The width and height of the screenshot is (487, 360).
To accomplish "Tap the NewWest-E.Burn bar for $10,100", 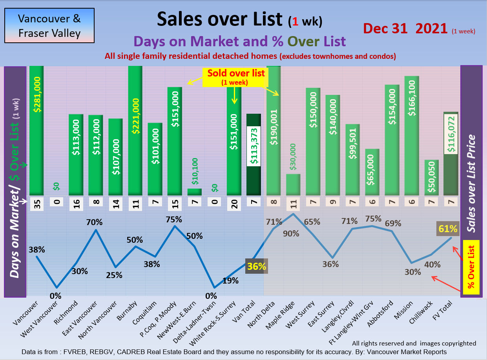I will coord(194,192).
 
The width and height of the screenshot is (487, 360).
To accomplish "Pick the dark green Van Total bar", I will coord(254,155).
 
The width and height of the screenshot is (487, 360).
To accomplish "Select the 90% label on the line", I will coord(291,234).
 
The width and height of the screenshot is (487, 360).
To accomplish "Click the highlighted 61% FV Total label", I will coord(448,229).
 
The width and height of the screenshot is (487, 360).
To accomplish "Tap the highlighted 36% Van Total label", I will coord(257,267).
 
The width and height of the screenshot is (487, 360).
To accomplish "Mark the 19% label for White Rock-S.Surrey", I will coord(230,280).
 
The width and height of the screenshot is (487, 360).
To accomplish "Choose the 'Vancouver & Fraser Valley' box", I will coord(49,25).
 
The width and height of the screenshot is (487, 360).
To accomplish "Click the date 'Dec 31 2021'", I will coord(405,28).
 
